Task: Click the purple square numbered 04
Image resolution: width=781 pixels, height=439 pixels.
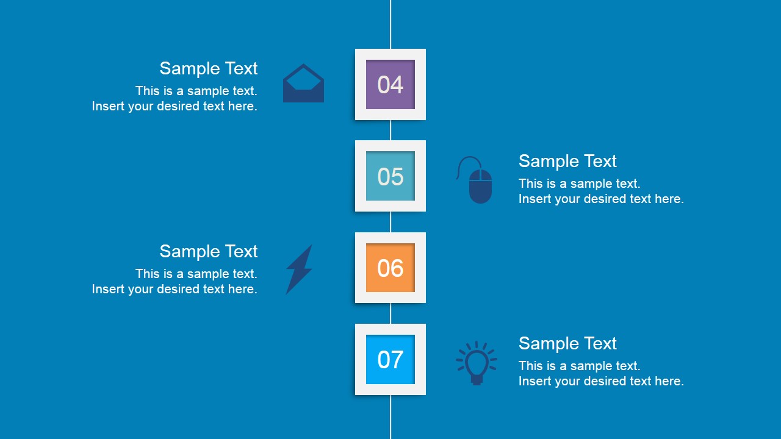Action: click(390, 84)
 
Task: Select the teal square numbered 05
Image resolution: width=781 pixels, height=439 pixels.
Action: click(390, 176)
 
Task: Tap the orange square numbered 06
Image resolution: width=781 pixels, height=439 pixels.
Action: click(390, 268)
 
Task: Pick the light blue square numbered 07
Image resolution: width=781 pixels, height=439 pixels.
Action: click(390, 359)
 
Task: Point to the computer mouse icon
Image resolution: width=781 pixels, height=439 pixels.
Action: click(480, 185)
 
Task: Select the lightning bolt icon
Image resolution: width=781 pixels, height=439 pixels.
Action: click(299, 269)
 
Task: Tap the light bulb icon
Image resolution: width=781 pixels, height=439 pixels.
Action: click(477, 363)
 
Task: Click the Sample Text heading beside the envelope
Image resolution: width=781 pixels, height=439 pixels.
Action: click(209, 68)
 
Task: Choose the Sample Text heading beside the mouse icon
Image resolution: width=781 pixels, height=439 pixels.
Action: click(567, 161)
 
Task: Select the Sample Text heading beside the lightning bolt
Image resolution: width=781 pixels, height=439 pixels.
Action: click(209, 251)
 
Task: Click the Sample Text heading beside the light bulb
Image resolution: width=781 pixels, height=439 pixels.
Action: click(567, 343)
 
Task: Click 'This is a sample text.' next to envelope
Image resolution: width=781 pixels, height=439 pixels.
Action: click(196, 91)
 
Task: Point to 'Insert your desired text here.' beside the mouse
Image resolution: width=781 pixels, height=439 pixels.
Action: click(601, 199)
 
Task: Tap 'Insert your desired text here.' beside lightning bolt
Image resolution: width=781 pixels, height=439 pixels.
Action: click(175, 289)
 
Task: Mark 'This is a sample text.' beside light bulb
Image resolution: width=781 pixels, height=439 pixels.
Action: click(579, 366)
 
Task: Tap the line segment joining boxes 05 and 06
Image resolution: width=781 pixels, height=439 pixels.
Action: click(390, 222)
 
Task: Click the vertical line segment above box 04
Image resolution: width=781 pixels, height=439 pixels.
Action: click(390, 24)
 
